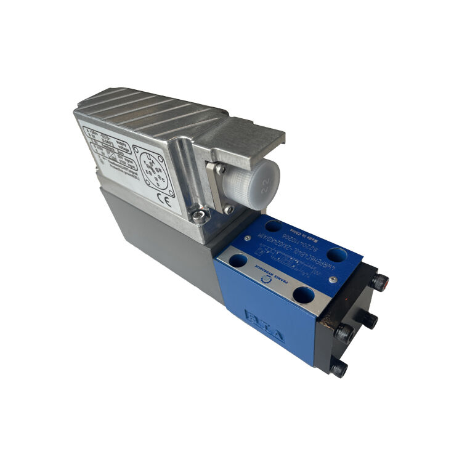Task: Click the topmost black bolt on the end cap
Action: (379, 283)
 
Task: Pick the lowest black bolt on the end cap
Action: (338, 368)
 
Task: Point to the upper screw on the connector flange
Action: (219, 168)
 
